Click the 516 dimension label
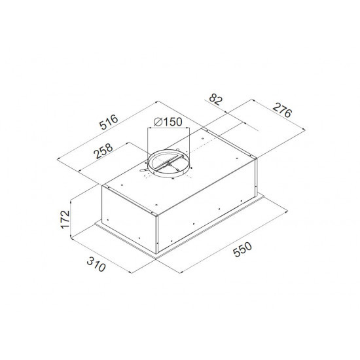tap(109, 122)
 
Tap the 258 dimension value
tap(104, 151)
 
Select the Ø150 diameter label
tap(168, 122)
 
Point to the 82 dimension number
tap(216, 99)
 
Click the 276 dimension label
tap(282, 110)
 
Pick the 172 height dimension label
tap(65, 219)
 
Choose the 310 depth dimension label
tap(96, 264)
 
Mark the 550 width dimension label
tap(242, 249)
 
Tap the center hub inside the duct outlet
tap(169, 164)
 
